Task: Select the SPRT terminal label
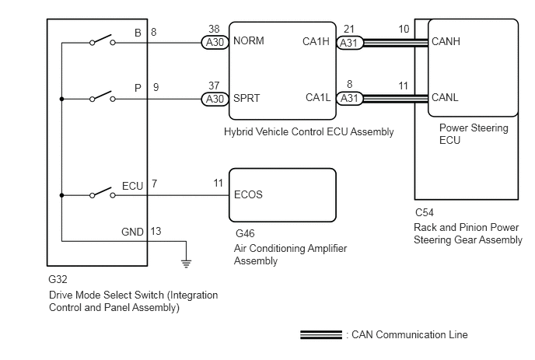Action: tap(247, 98)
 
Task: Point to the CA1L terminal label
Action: tap(319, 98)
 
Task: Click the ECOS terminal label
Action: tap(248, 195)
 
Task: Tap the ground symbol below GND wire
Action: tap(186, 262)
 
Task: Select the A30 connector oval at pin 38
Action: tap(213, 43)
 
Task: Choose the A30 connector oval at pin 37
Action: tap(213, 99)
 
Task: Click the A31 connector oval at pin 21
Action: tap(348, 43)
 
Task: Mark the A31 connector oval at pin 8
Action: tap(348, 99)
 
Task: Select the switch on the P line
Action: tap(102, 97)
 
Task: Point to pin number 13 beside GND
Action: tap(156, 231)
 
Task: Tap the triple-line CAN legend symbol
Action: tap(321, 335)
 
